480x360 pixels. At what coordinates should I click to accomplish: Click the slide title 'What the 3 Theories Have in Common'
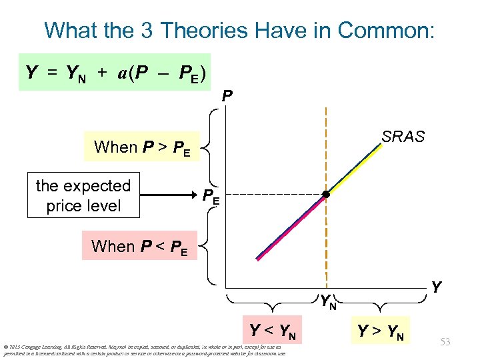click(239, 30)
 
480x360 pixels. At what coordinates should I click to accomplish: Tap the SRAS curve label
click(403, 137)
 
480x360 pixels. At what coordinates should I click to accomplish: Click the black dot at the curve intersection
click(326, 195)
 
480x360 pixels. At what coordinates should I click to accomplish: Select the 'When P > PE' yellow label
click(142, 147)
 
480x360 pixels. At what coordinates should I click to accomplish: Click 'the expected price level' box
click(83, 196)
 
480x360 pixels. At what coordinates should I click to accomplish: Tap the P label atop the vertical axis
click(227, 97)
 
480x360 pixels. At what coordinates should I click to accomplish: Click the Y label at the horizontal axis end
click(436, 287)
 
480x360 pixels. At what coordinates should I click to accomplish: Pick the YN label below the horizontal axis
click(327, 301)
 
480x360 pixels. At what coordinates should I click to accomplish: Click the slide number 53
click(445, 342)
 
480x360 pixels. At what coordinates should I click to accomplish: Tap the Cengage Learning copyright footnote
click(143, 350)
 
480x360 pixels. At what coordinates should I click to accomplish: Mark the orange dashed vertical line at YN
click(326, 133)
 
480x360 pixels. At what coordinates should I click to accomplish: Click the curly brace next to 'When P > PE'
click(208, 147)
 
